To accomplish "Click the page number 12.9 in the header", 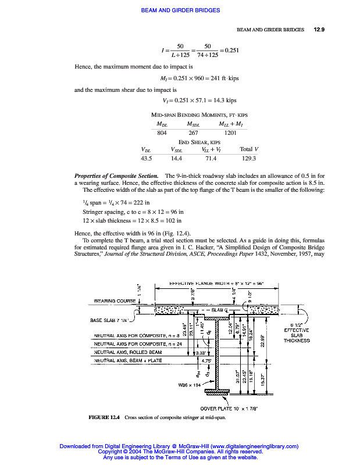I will click(319, 29).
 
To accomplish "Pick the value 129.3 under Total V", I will click(249, 158).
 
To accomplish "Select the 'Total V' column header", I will click(249, 149).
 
